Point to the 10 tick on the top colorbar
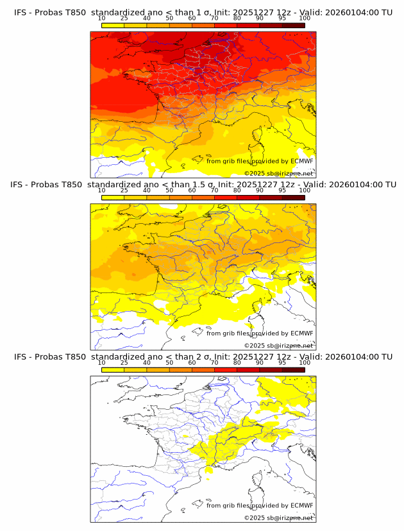tap(102, 18)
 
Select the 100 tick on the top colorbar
tap(305, 18)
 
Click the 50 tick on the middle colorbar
tap(169, 190)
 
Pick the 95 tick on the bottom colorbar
tap(282, 362)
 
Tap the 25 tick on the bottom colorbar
tap(124, 362)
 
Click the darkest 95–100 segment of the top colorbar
tap(293, 25)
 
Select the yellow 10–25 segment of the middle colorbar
tap(113, 198)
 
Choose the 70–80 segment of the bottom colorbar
tap(226, 370)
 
